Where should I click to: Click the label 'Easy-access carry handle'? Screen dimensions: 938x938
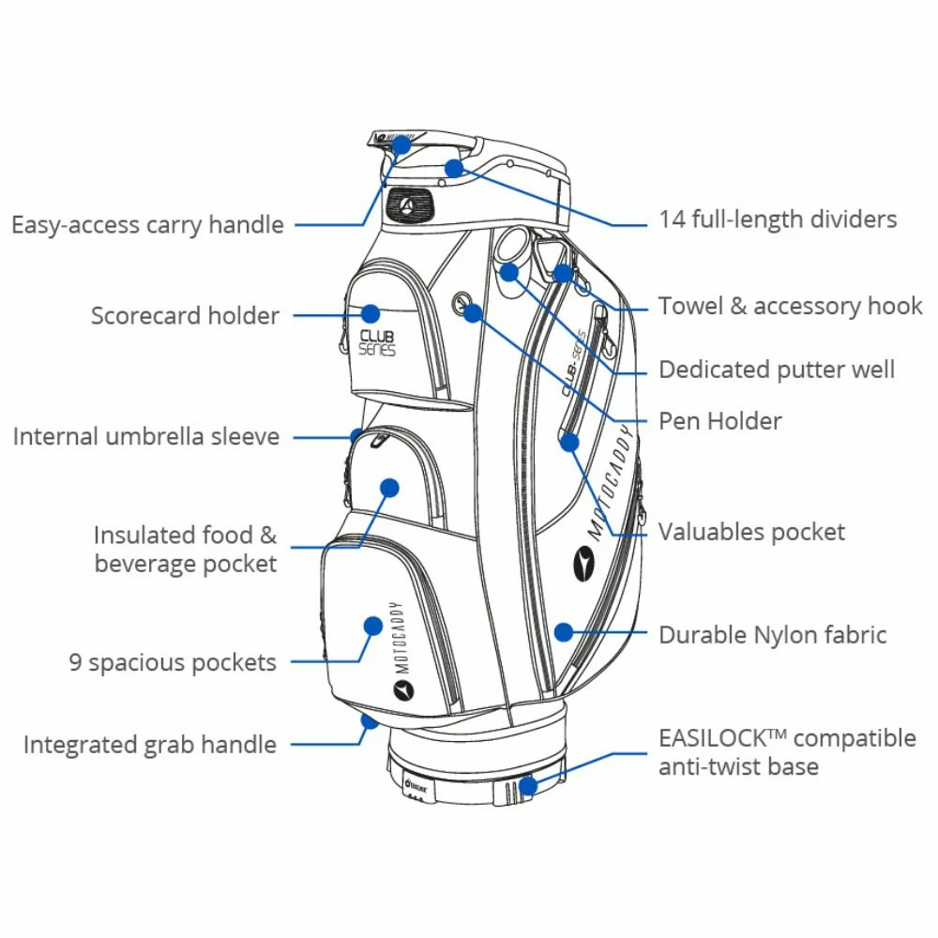[x=147, y=225]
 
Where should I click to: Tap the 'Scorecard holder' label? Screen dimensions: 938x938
[x=185, y=315]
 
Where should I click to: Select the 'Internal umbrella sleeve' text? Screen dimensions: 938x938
[x=145, y=436]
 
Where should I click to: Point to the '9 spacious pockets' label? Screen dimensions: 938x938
[x=173, y=662]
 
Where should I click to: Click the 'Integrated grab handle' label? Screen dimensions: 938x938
[x=150, y=745]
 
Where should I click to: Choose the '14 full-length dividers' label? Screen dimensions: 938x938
[x=778, y=219]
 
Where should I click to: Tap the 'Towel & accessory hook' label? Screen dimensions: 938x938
[x=790, y=306]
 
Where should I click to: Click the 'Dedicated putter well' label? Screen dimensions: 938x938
[x=777, y=370]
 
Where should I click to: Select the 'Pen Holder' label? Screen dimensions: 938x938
[x=719, y=420]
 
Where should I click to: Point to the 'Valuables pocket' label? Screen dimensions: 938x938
[x=751, y=532]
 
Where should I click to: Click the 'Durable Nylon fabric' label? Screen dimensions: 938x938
[x=772, y=634]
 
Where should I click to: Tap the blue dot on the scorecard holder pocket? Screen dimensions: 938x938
[x=371, y=313]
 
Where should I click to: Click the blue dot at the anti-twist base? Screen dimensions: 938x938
[x=528, y=784]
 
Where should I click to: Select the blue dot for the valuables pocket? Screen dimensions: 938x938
[x=570, y=442]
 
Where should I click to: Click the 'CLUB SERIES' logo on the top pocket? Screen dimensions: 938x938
[x=377, y=342]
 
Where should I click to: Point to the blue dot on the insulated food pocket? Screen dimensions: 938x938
[x=390, y=488]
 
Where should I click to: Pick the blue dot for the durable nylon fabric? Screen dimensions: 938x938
[x=563, y=631]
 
